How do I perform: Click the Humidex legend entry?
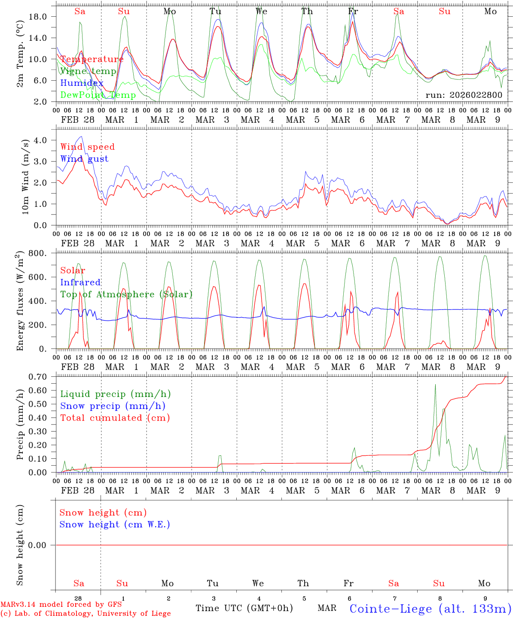click(82, 83)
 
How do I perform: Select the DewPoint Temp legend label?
click(98, 95)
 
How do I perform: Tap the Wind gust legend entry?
click(84, 159)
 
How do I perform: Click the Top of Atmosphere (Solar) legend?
click(126, 294)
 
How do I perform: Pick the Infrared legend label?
click(80, 282)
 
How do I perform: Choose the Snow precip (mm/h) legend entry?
click(113, 406)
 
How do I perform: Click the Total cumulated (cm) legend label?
click(115, 418)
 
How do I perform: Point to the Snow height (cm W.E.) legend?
click(115, 524)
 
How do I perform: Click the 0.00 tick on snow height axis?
click(43, 545)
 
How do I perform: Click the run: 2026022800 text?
click(464, 95)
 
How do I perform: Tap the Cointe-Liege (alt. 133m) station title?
click(430, 609)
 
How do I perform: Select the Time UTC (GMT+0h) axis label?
click(244, 608)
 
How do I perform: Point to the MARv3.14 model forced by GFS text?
click(61, 605)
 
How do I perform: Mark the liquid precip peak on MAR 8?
click(435, 385)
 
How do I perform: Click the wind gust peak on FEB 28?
click(81, 136)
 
